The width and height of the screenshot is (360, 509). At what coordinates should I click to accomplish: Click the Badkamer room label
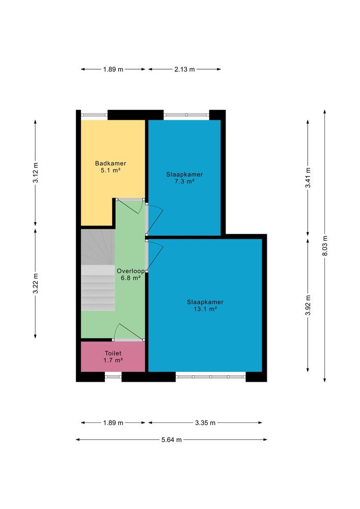click(x=110, y=163)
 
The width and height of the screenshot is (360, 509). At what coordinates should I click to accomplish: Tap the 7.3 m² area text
click(x=184, y=182)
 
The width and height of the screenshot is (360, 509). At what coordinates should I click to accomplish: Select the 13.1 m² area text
click(x=205, y=309)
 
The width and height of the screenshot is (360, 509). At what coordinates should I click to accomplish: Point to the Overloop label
click(x=130, y=271)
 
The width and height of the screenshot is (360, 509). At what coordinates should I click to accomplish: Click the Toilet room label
click(x=113, y=353)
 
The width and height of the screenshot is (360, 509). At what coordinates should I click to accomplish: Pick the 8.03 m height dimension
click(x=325, y=246)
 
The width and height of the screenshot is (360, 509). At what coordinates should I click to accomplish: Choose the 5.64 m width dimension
click(x=172, y=440)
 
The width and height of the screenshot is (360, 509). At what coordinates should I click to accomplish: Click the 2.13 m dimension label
click(x=184, y=69)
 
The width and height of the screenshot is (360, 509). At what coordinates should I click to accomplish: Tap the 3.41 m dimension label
click(x=308, y=178)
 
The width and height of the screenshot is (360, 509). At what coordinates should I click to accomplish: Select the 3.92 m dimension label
click(x=308, y=305)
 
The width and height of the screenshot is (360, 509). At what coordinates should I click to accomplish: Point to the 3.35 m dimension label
click(x=205, y=422)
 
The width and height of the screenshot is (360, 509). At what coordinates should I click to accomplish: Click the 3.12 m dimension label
click(x=35, y=173)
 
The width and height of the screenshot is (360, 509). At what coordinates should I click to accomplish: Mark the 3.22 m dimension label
click(x=35, y=284)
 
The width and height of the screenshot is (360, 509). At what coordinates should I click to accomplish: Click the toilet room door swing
click(x=129, y=331)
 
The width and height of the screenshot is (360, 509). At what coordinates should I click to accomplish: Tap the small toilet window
click(x=113, y=377)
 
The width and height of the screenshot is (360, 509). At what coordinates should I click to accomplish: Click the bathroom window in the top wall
click(x=94, y=115)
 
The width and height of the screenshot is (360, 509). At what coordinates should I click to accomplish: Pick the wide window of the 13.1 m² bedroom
click(x=211, y=377)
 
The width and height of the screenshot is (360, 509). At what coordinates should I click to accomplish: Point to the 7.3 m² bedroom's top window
click(x=186, y=115)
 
